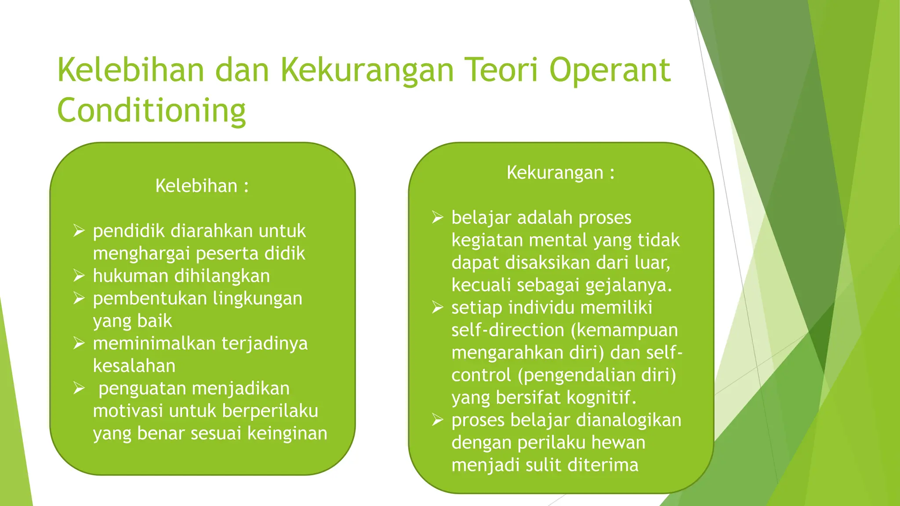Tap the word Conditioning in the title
tap(151, 111)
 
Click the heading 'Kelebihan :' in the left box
tap(202, 186)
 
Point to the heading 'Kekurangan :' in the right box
tap(561, 173)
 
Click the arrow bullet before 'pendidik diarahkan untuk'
tap(79, 231)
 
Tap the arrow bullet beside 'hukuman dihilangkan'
tap(79, 276)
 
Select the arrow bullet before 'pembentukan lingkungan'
tap(79, 298)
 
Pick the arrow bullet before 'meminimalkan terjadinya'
tap(79, 343)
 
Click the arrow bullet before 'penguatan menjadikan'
tap(79, 388)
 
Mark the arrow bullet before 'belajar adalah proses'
tap(438, 217)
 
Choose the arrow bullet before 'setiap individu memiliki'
tap(438, 307)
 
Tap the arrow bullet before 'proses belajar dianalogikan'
tap(438, 420)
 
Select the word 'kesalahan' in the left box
tap(134, 365)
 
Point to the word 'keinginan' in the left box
tap(287, 434)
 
